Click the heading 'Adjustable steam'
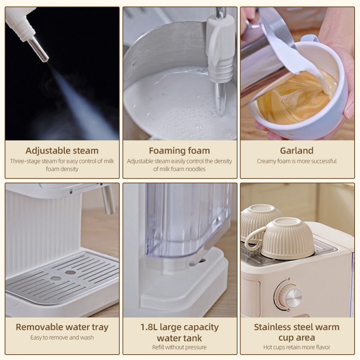click(x=62, y=150)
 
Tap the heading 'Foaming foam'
click(x=180, y=150)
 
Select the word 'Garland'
click(x=297, y=150)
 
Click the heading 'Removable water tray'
click(x=62, y=327)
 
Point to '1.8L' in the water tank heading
click(x=149, y=327)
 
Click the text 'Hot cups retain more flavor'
click(x=297, y=347)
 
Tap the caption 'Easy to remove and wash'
click(x=62, y=338)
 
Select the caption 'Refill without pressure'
click(x=179, y=347)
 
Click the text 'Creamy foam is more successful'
click(x=297, y=161)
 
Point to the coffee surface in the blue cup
click(x=296, y=98)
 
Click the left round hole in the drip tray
click(x=55, y=278)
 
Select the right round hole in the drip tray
click(x=70, y=272)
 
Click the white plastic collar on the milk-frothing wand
click(x=220, y=49)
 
